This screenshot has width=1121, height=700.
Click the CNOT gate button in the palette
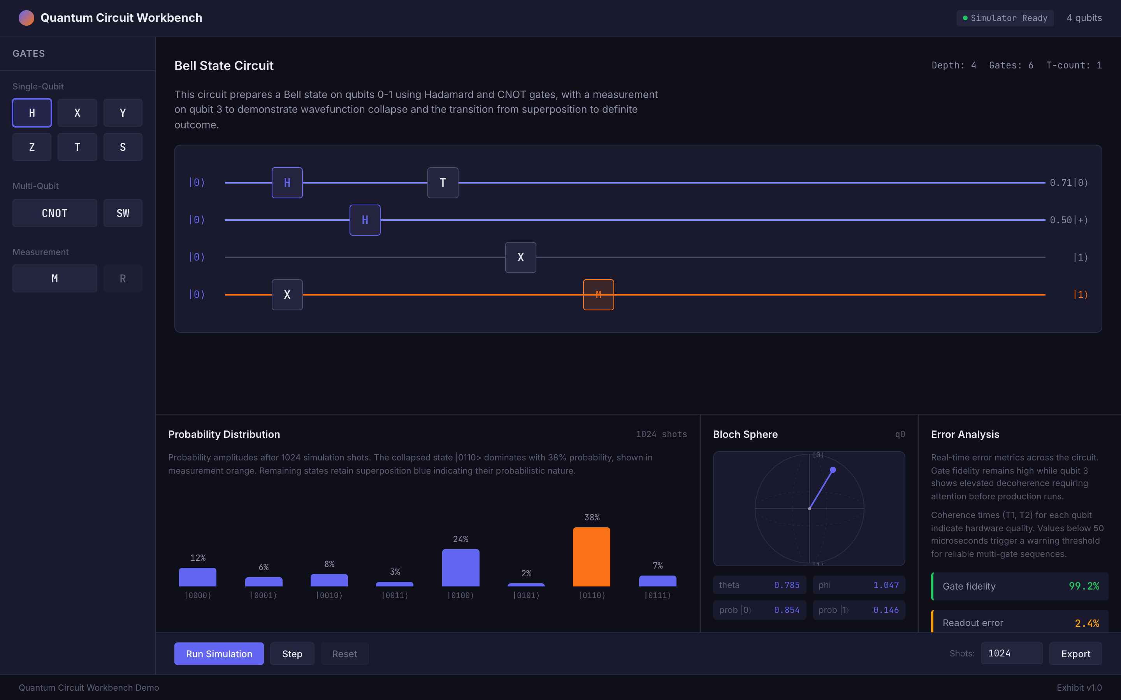click(x=54, y=213)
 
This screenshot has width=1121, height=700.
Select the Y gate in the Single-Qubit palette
click(x=123, y=112)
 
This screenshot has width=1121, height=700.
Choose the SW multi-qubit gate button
click(x=123, y=213)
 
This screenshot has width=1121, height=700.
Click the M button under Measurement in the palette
click(x=54, y=278)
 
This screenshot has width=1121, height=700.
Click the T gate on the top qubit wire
click(x=443, y=183)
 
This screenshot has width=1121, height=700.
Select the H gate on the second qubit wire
click(x=365, y=220)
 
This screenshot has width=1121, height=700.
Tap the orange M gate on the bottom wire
click(x=598, y=294)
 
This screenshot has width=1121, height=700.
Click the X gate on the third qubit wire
click(x=520, y=257)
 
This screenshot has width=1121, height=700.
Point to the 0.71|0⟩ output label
click(x=1068, y=183)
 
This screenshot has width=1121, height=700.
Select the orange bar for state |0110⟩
click(x=592, y=556)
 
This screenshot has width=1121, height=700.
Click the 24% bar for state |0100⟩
click(x=460, y=568)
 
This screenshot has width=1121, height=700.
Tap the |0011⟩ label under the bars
click(x=395, y=595)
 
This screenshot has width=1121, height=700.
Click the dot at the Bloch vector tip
click(x=833, y=470)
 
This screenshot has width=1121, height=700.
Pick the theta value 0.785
click(x=786, y=585)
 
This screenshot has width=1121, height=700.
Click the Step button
click(x=292, y=654)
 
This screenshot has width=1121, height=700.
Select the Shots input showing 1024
click(x=1011, y=653)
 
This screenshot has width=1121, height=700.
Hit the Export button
click(x=1075, y=654)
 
